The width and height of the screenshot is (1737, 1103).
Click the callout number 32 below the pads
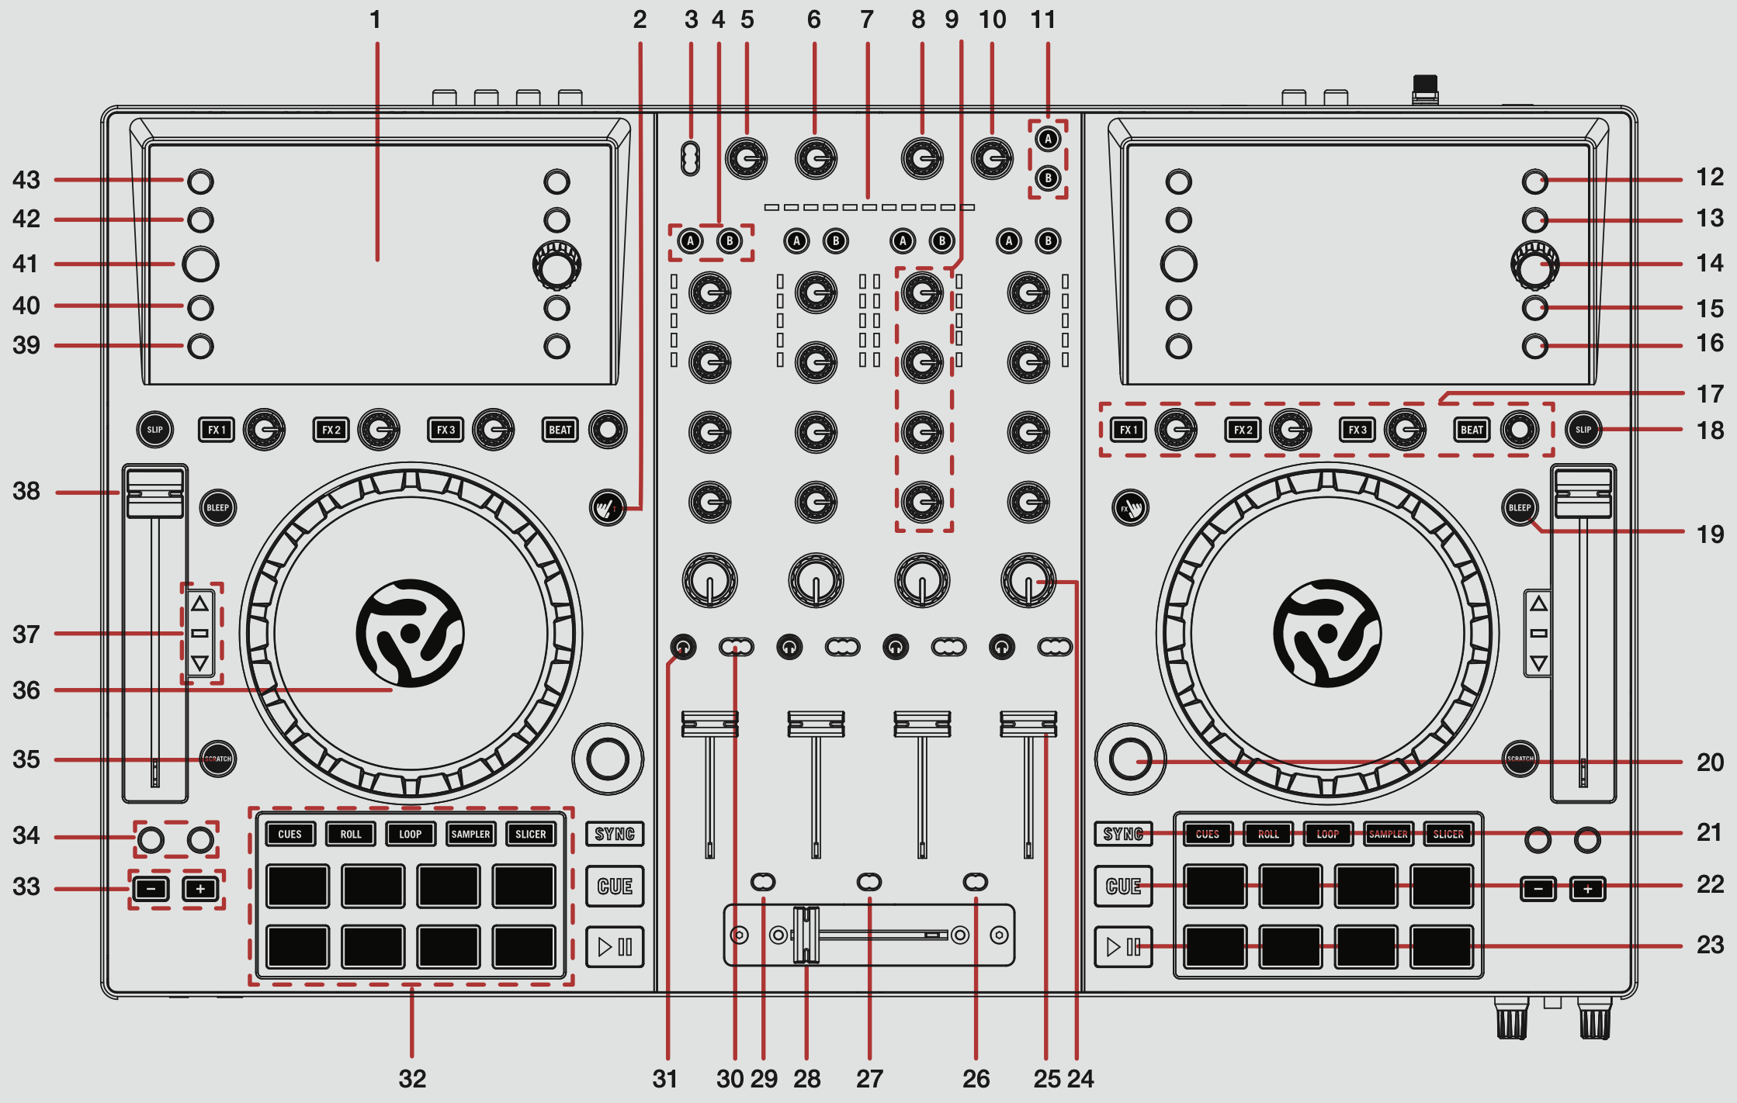coord(412,1078)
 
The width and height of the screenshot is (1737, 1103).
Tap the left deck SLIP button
coord(155,430)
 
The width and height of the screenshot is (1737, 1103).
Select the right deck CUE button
coord(1123,886)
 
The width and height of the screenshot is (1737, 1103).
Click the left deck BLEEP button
coord(218,508)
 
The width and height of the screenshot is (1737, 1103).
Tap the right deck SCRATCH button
coord(1520,759)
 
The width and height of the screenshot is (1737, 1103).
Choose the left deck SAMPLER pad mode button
coord(471,834)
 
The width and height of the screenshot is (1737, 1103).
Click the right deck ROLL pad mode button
coord(1268,834)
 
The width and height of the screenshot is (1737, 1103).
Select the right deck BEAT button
coord(1472,430)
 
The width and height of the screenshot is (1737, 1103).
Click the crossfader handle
coord(806,935)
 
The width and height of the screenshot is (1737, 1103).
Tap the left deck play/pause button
coord(615,946)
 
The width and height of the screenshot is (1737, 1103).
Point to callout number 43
coord(26,180)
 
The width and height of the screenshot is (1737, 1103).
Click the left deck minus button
coord(151,889)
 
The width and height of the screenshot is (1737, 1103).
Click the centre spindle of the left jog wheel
coord(410,633)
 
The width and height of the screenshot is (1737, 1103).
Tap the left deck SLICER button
coord(531,834)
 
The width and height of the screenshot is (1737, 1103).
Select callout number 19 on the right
coord(1710,534)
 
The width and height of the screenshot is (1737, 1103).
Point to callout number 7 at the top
coord(867,19)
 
